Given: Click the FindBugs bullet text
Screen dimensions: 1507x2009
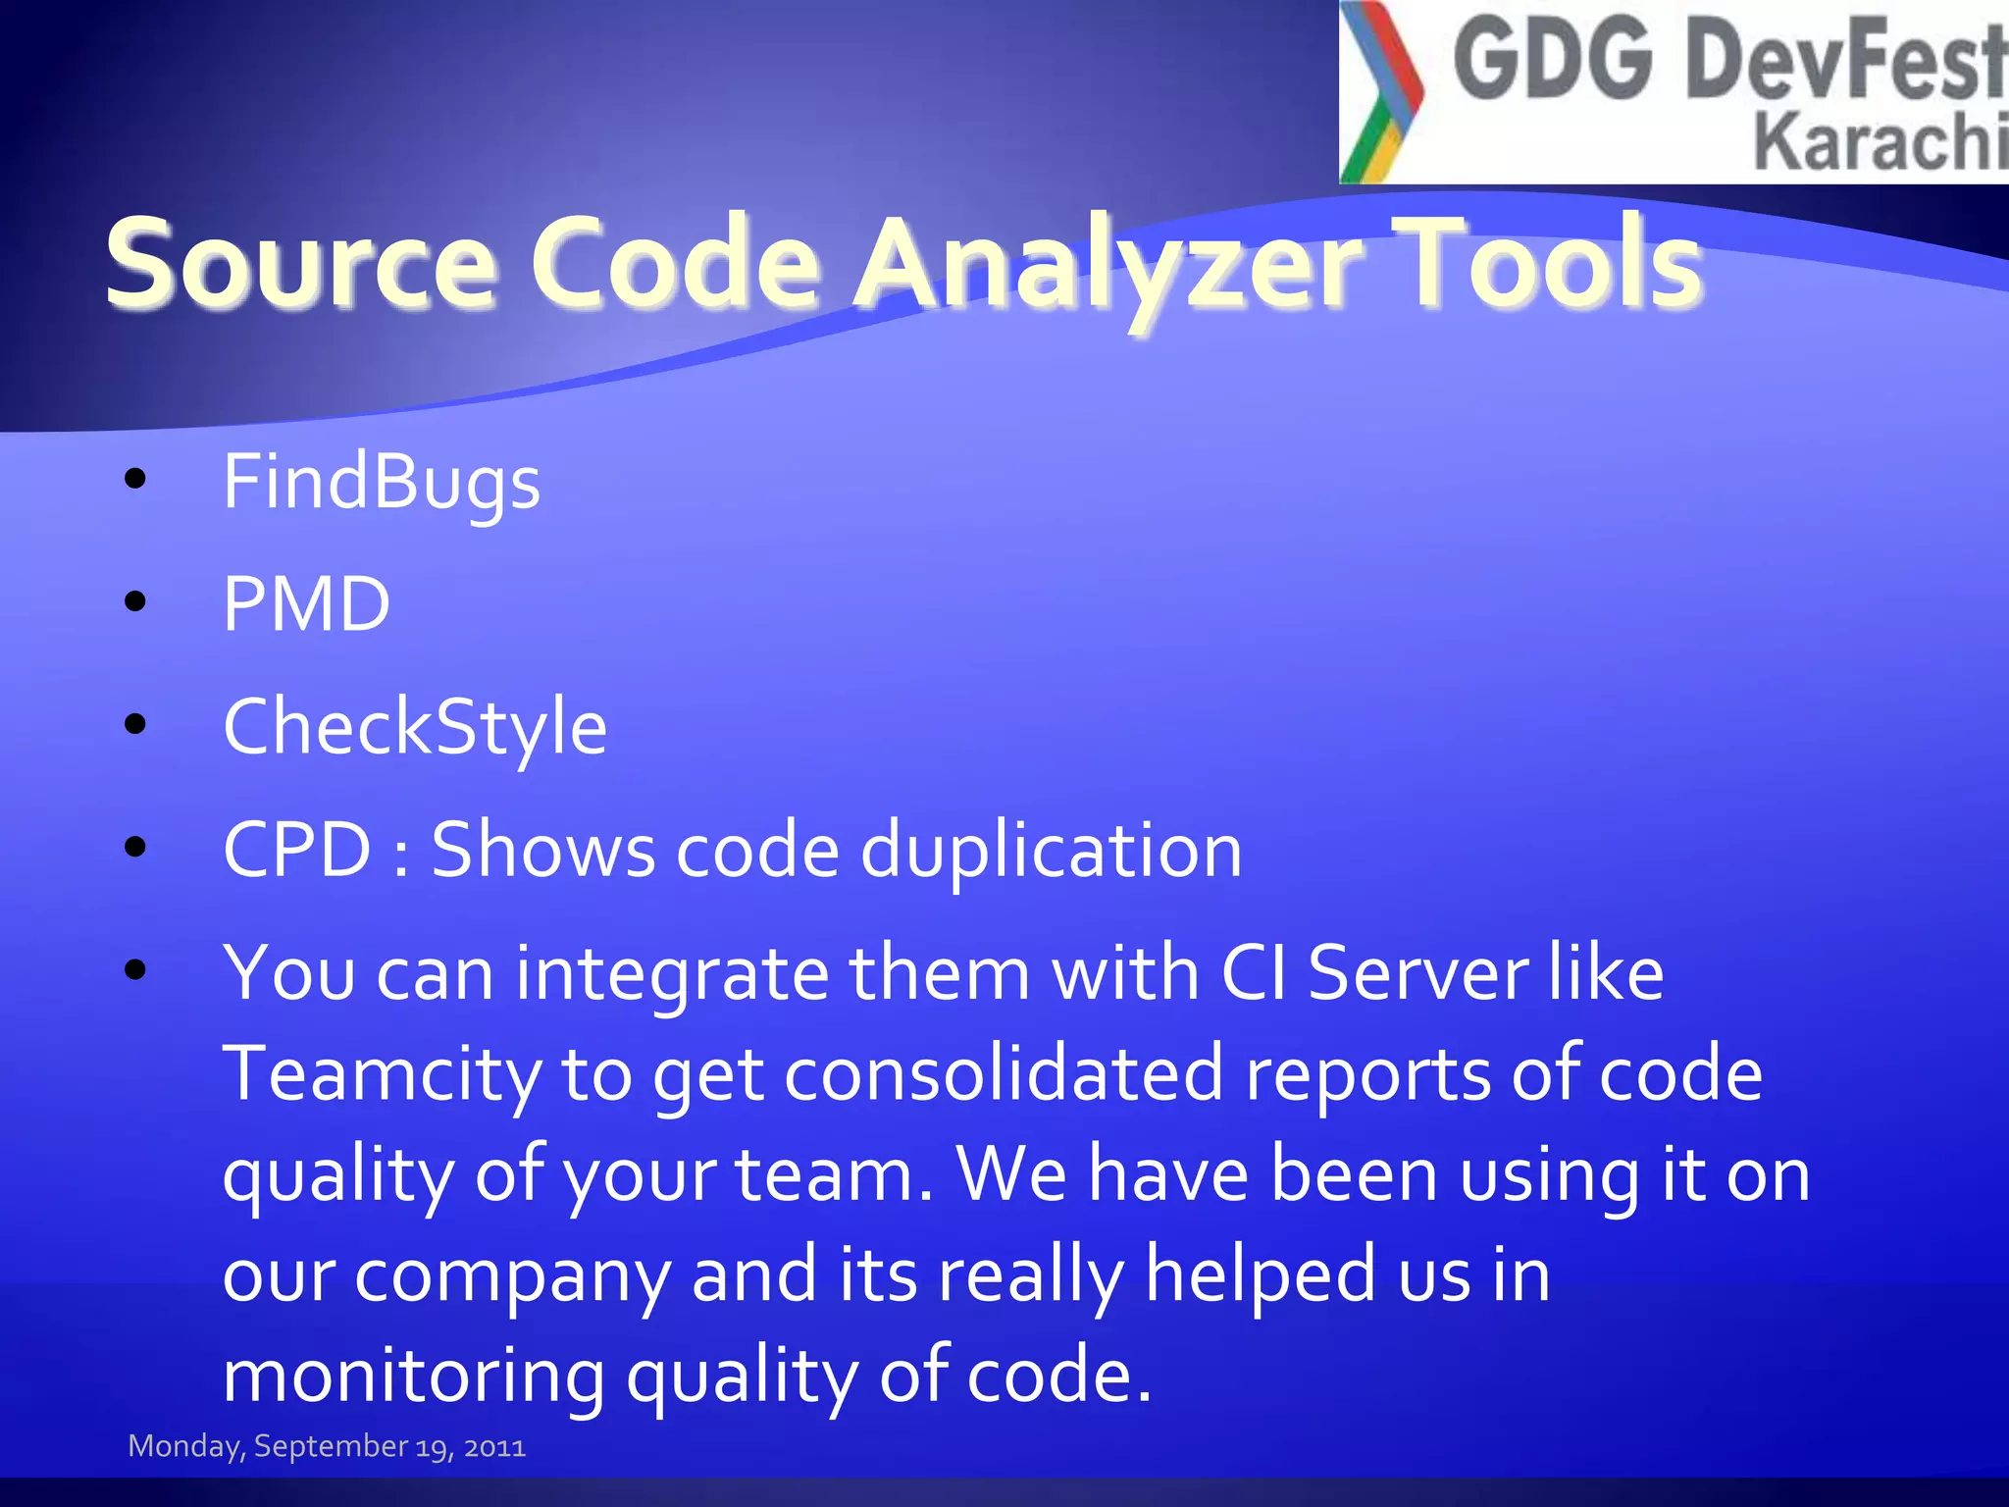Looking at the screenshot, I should pyautogui.click(x=381, y=483).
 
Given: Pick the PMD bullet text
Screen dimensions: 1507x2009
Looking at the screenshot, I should pyautogui.click(x=306, y=603).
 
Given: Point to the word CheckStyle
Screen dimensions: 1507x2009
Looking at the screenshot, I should pyautogui.click(x=415, y=727).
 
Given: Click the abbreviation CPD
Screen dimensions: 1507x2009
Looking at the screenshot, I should pyautogui.click(x=296, y=849).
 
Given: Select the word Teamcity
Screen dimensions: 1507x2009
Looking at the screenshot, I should pyautogui.click(x=382, y=1074).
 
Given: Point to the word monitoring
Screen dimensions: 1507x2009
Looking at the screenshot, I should pyautogui.click(x=414, y=1376).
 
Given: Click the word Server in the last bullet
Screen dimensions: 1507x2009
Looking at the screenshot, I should pyautogui.click(x=1417, y=972).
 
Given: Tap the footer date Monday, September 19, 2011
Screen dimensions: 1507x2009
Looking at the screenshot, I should pyautogui.click(x=327, y=1446).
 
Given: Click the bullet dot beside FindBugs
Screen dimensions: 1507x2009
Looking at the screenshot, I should pyautogui.click(x=135, y=479).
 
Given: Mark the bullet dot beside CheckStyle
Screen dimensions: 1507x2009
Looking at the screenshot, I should pyautogui.click(x=135, y=724).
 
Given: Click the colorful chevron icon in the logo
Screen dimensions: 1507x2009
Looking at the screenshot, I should pyautogui.click(x=1382, y=91).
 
